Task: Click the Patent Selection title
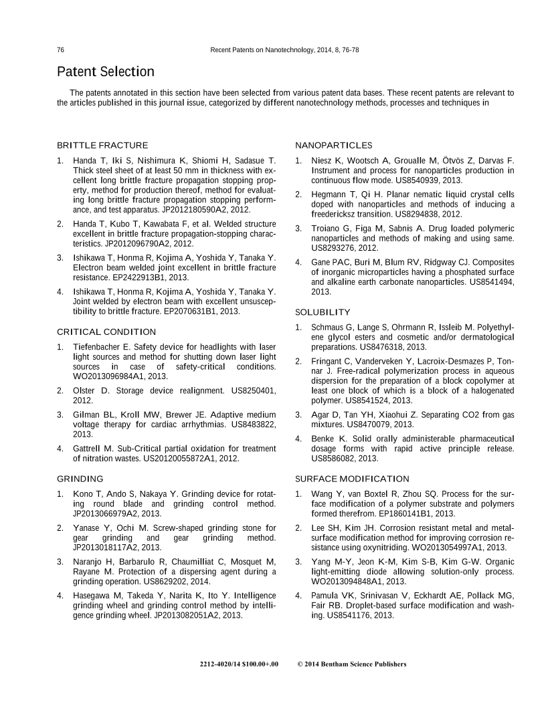pos(105,72)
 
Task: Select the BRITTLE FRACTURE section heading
pos(102,145)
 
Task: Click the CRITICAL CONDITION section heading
pos(106,332)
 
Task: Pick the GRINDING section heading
pos(80,479)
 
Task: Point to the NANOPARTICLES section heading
pos(334,145)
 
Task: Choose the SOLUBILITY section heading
pos(323,312)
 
